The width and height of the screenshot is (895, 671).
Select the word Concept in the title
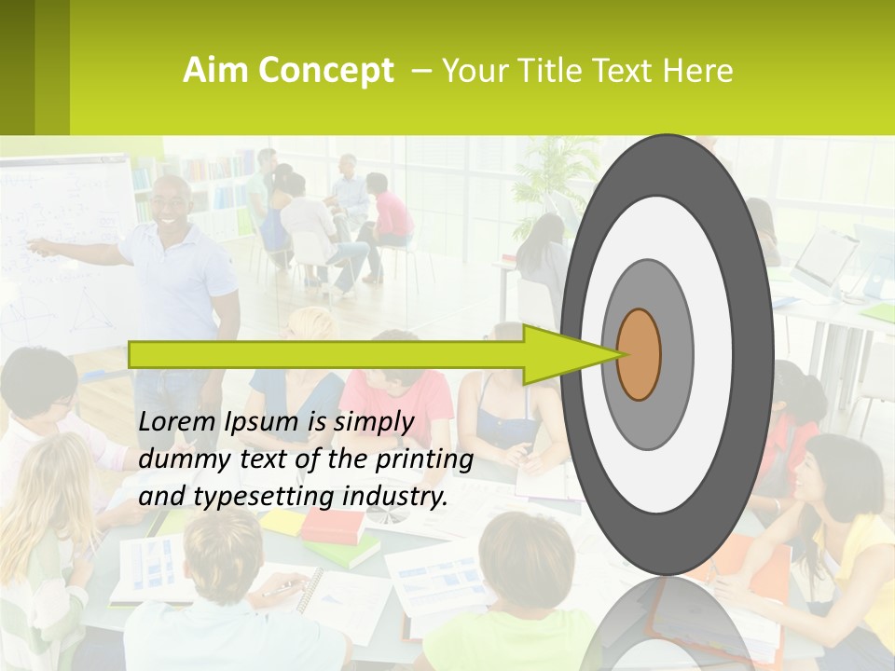[325, 71]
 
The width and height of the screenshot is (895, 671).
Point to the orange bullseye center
[639, 354]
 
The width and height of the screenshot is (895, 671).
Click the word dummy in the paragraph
[178, 459]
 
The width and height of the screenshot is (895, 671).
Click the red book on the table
[333, 527]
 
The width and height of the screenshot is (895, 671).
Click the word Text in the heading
[629, 71]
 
